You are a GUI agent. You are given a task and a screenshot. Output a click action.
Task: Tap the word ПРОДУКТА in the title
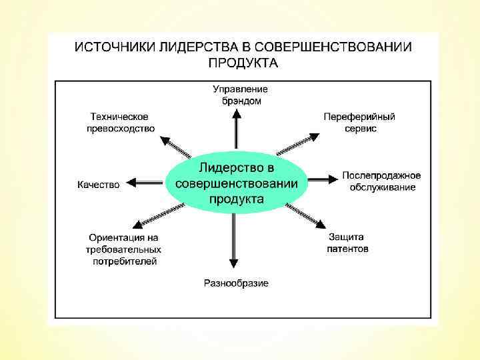coord(243,63)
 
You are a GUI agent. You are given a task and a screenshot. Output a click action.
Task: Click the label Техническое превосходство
coord(121,122)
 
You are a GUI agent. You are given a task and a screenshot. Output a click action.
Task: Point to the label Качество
coord(99,185)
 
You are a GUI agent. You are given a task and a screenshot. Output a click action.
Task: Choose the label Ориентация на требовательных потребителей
coord(124,249)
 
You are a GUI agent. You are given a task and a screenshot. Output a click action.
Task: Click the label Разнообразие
coord(236,283)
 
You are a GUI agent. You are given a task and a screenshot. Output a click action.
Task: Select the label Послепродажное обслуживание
coord(382,181)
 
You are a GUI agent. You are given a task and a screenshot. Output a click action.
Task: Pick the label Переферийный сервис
coord(359,122)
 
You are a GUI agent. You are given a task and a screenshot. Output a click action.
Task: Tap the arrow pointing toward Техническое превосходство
coord(177,145)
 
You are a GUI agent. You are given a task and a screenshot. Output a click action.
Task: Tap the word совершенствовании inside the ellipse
coord(237,183)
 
